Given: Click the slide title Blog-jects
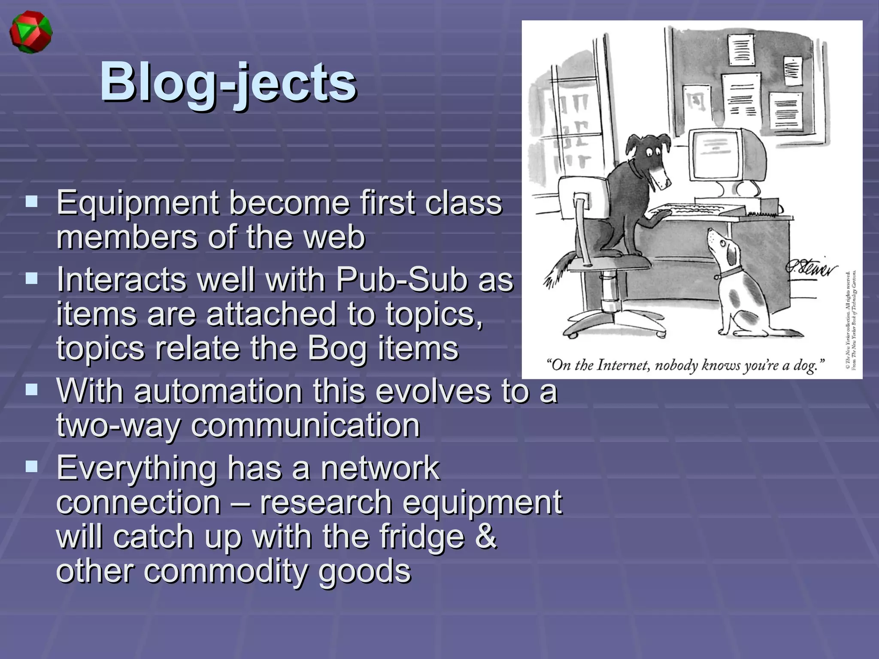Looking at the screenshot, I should (x=228, y=82).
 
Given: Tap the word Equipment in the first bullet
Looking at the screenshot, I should (x=138, y=203).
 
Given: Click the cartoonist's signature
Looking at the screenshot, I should (x=811, y=269).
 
